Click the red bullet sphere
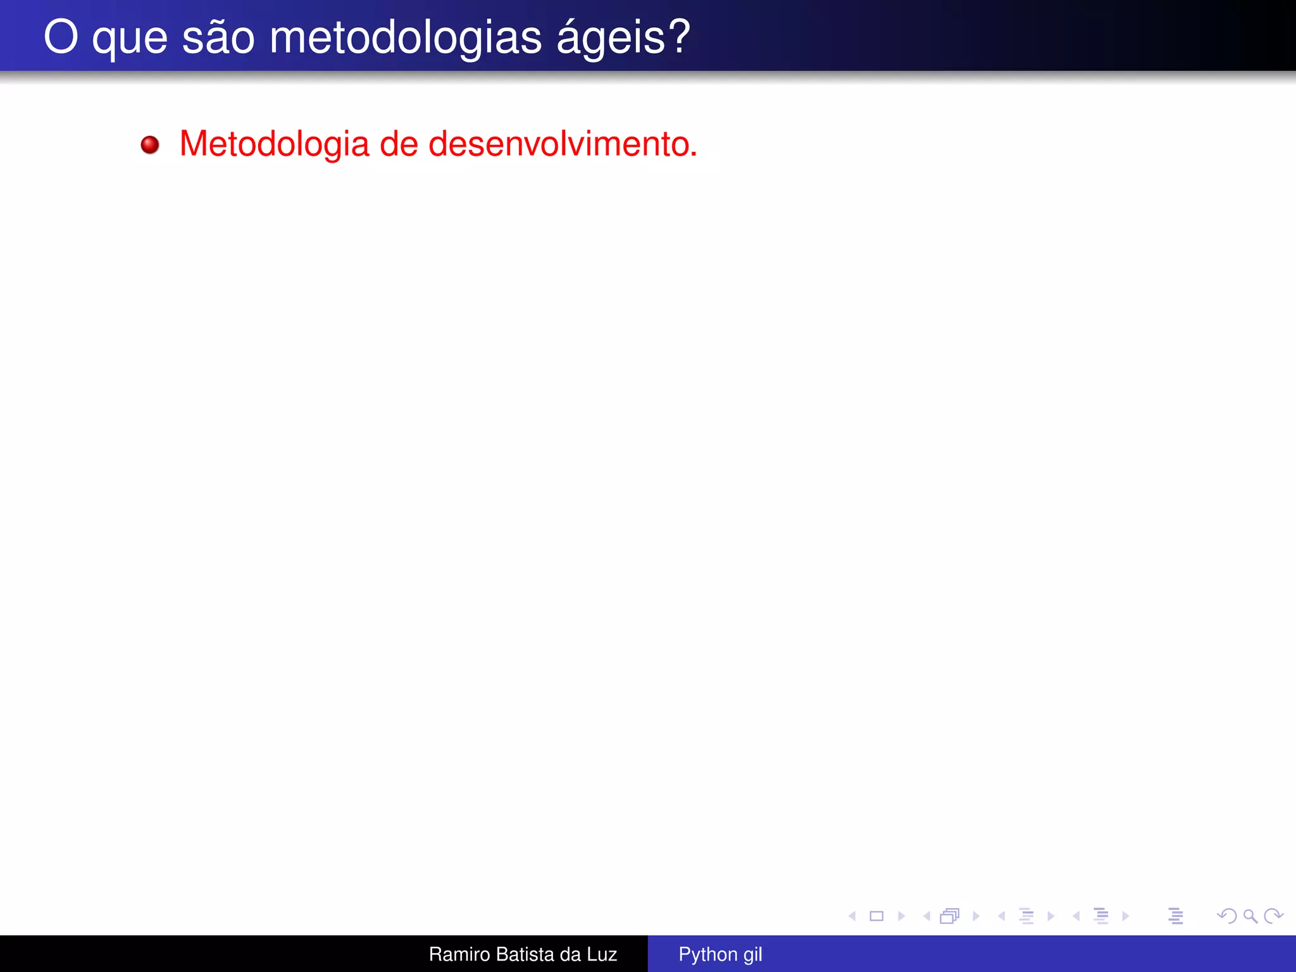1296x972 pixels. [150, 145]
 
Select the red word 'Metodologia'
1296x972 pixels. [274, 144]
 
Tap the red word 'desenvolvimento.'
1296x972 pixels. [563, 144]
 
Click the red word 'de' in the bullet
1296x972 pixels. [399, 144]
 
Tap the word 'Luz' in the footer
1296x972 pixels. [601, 954]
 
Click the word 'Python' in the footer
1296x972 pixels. [707, 954]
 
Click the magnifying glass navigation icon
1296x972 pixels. [1250, 916]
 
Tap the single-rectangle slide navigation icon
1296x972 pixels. [876, 916]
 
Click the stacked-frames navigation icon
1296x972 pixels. [950, 916]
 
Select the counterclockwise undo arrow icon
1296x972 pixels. [1226, 916]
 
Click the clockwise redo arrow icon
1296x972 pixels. [1273, 916]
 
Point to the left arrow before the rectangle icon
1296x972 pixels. [852, 916]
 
